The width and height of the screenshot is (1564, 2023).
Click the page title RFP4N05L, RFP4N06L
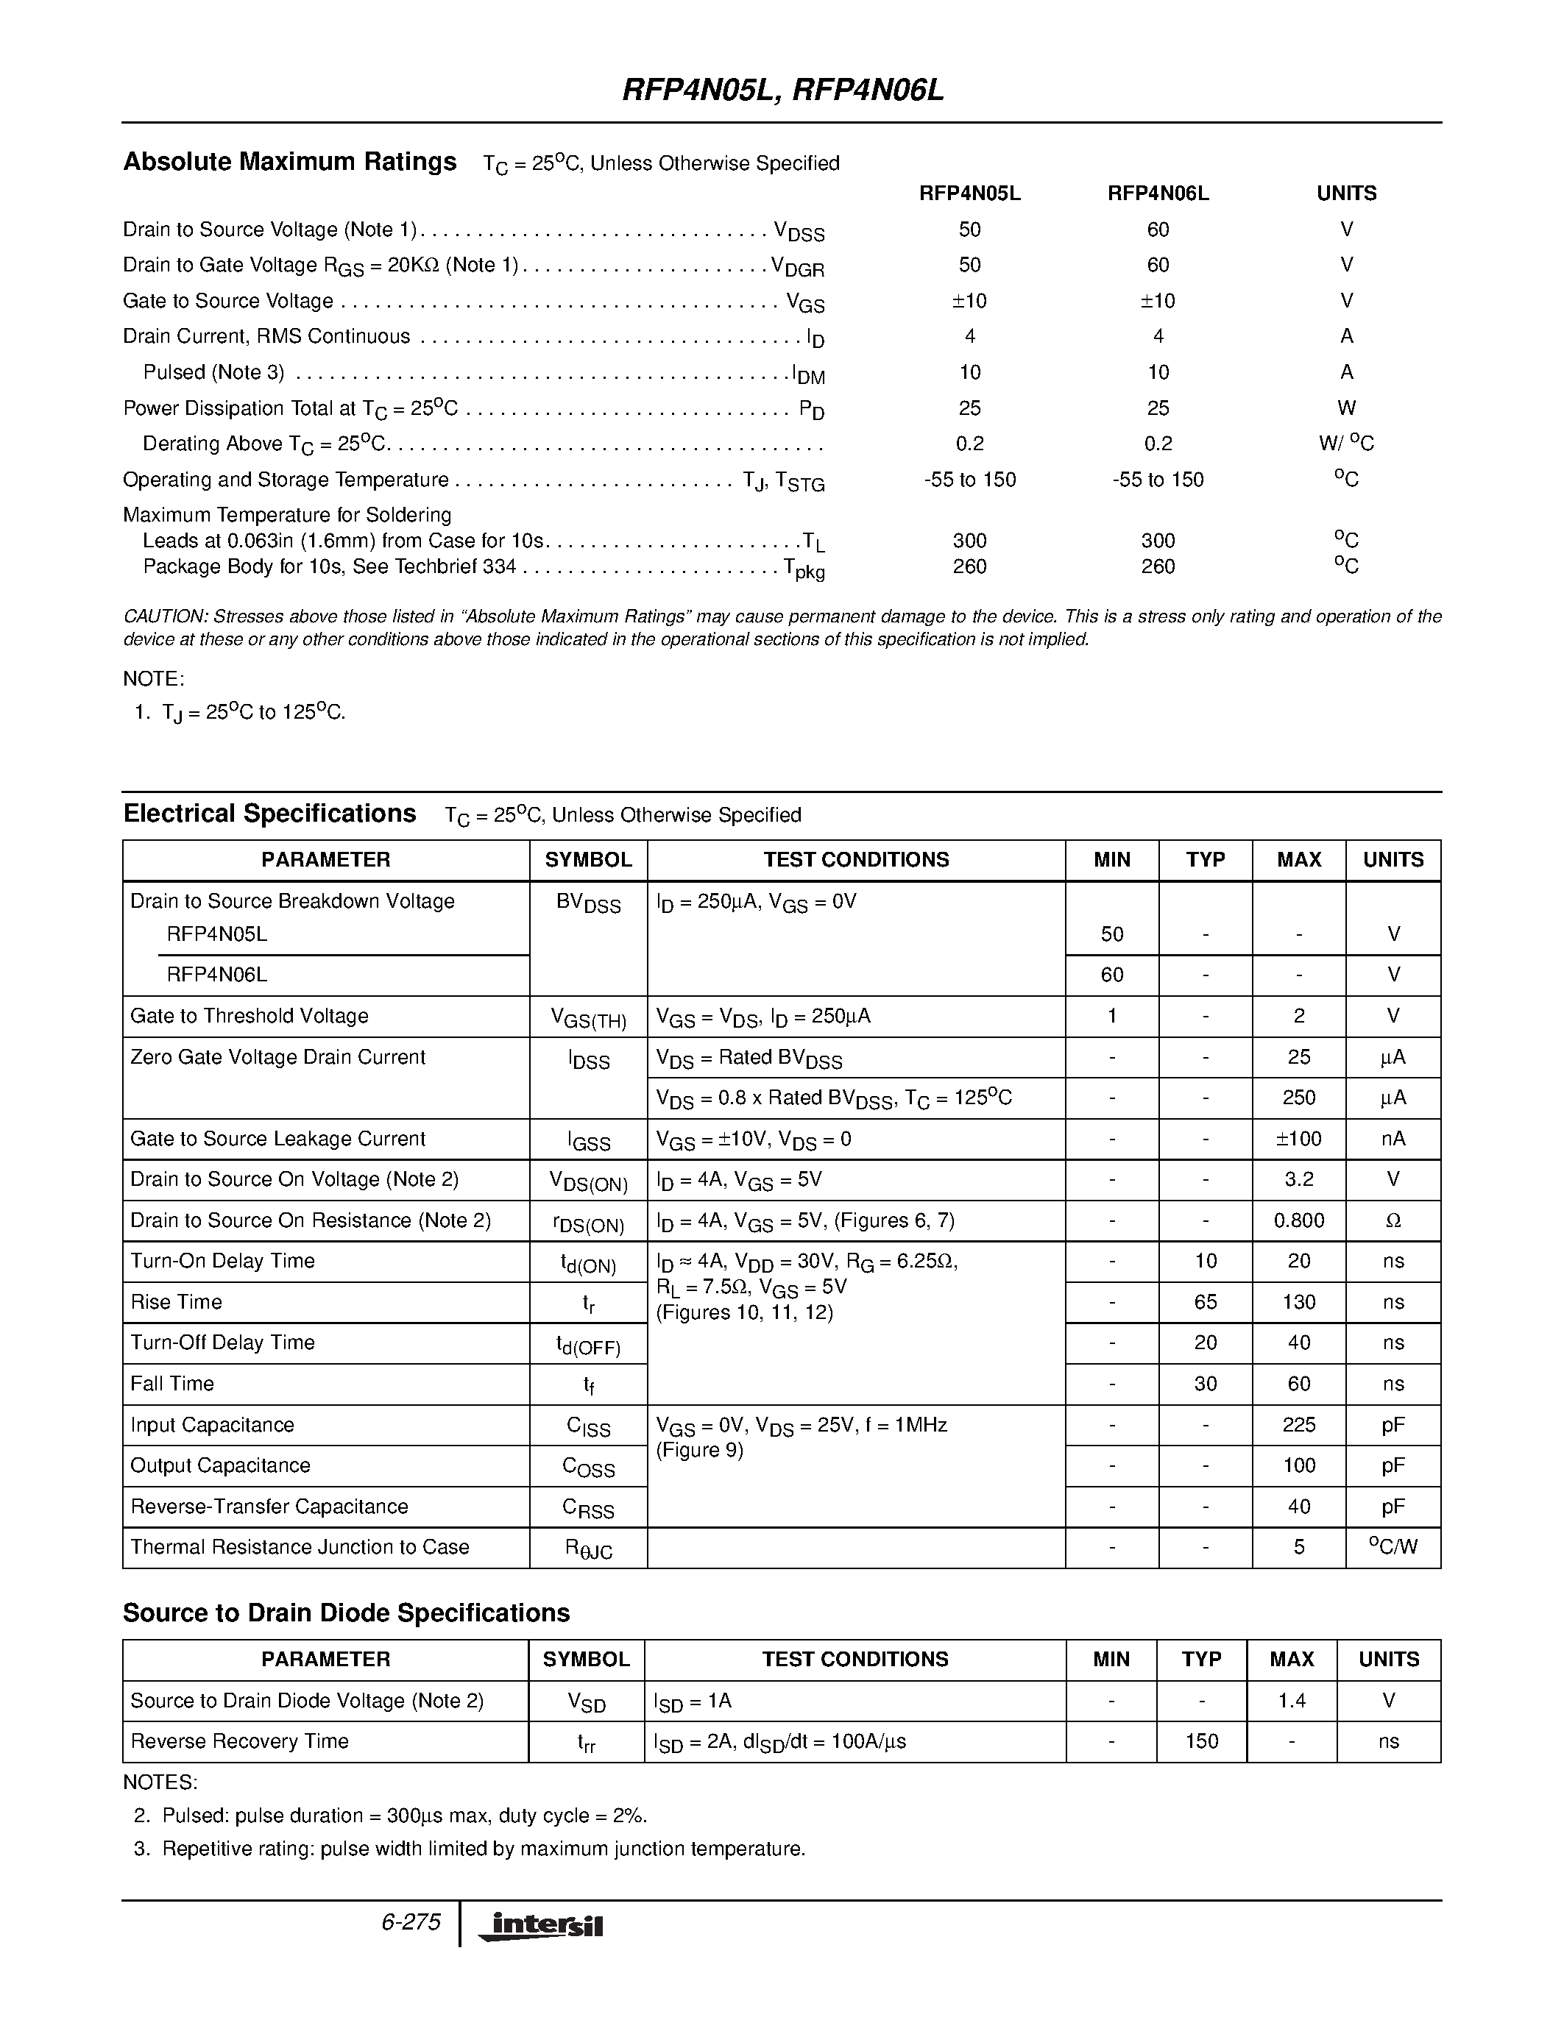pos(782,90)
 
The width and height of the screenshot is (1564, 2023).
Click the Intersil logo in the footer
pos(540,1926)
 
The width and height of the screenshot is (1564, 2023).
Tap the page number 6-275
pos(411,1922)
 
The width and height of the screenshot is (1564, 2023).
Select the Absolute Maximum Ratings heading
pos(289,162)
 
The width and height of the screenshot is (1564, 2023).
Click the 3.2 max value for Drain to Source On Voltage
pos(1298,1179)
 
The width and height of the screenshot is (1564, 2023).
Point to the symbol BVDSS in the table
pos(587,903)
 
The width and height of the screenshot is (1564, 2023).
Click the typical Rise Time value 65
pos(1205,1301)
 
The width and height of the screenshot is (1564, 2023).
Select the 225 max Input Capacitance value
pos(1298,1425)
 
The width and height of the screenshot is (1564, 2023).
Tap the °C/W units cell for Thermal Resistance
pos(1393,1547)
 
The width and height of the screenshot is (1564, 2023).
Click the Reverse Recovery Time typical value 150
pos(1201,1741)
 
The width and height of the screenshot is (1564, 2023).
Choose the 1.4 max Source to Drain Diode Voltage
pos(1292,1701)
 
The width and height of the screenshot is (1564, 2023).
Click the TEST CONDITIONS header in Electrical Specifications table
pos(855,859)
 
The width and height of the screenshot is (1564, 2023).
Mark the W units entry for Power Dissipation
pos(1346,408)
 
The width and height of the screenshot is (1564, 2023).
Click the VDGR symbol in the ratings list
pos(798,267)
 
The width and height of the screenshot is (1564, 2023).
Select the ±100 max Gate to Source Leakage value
pos(1298,1139)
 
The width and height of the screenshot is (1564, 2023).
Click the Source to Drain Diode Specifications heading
pos(346,1613)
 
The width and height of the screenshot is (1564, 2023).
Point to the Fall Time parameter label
pos(172,1384)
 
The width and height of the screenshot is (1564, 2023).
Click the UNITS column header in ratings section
pos(1346,193)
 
